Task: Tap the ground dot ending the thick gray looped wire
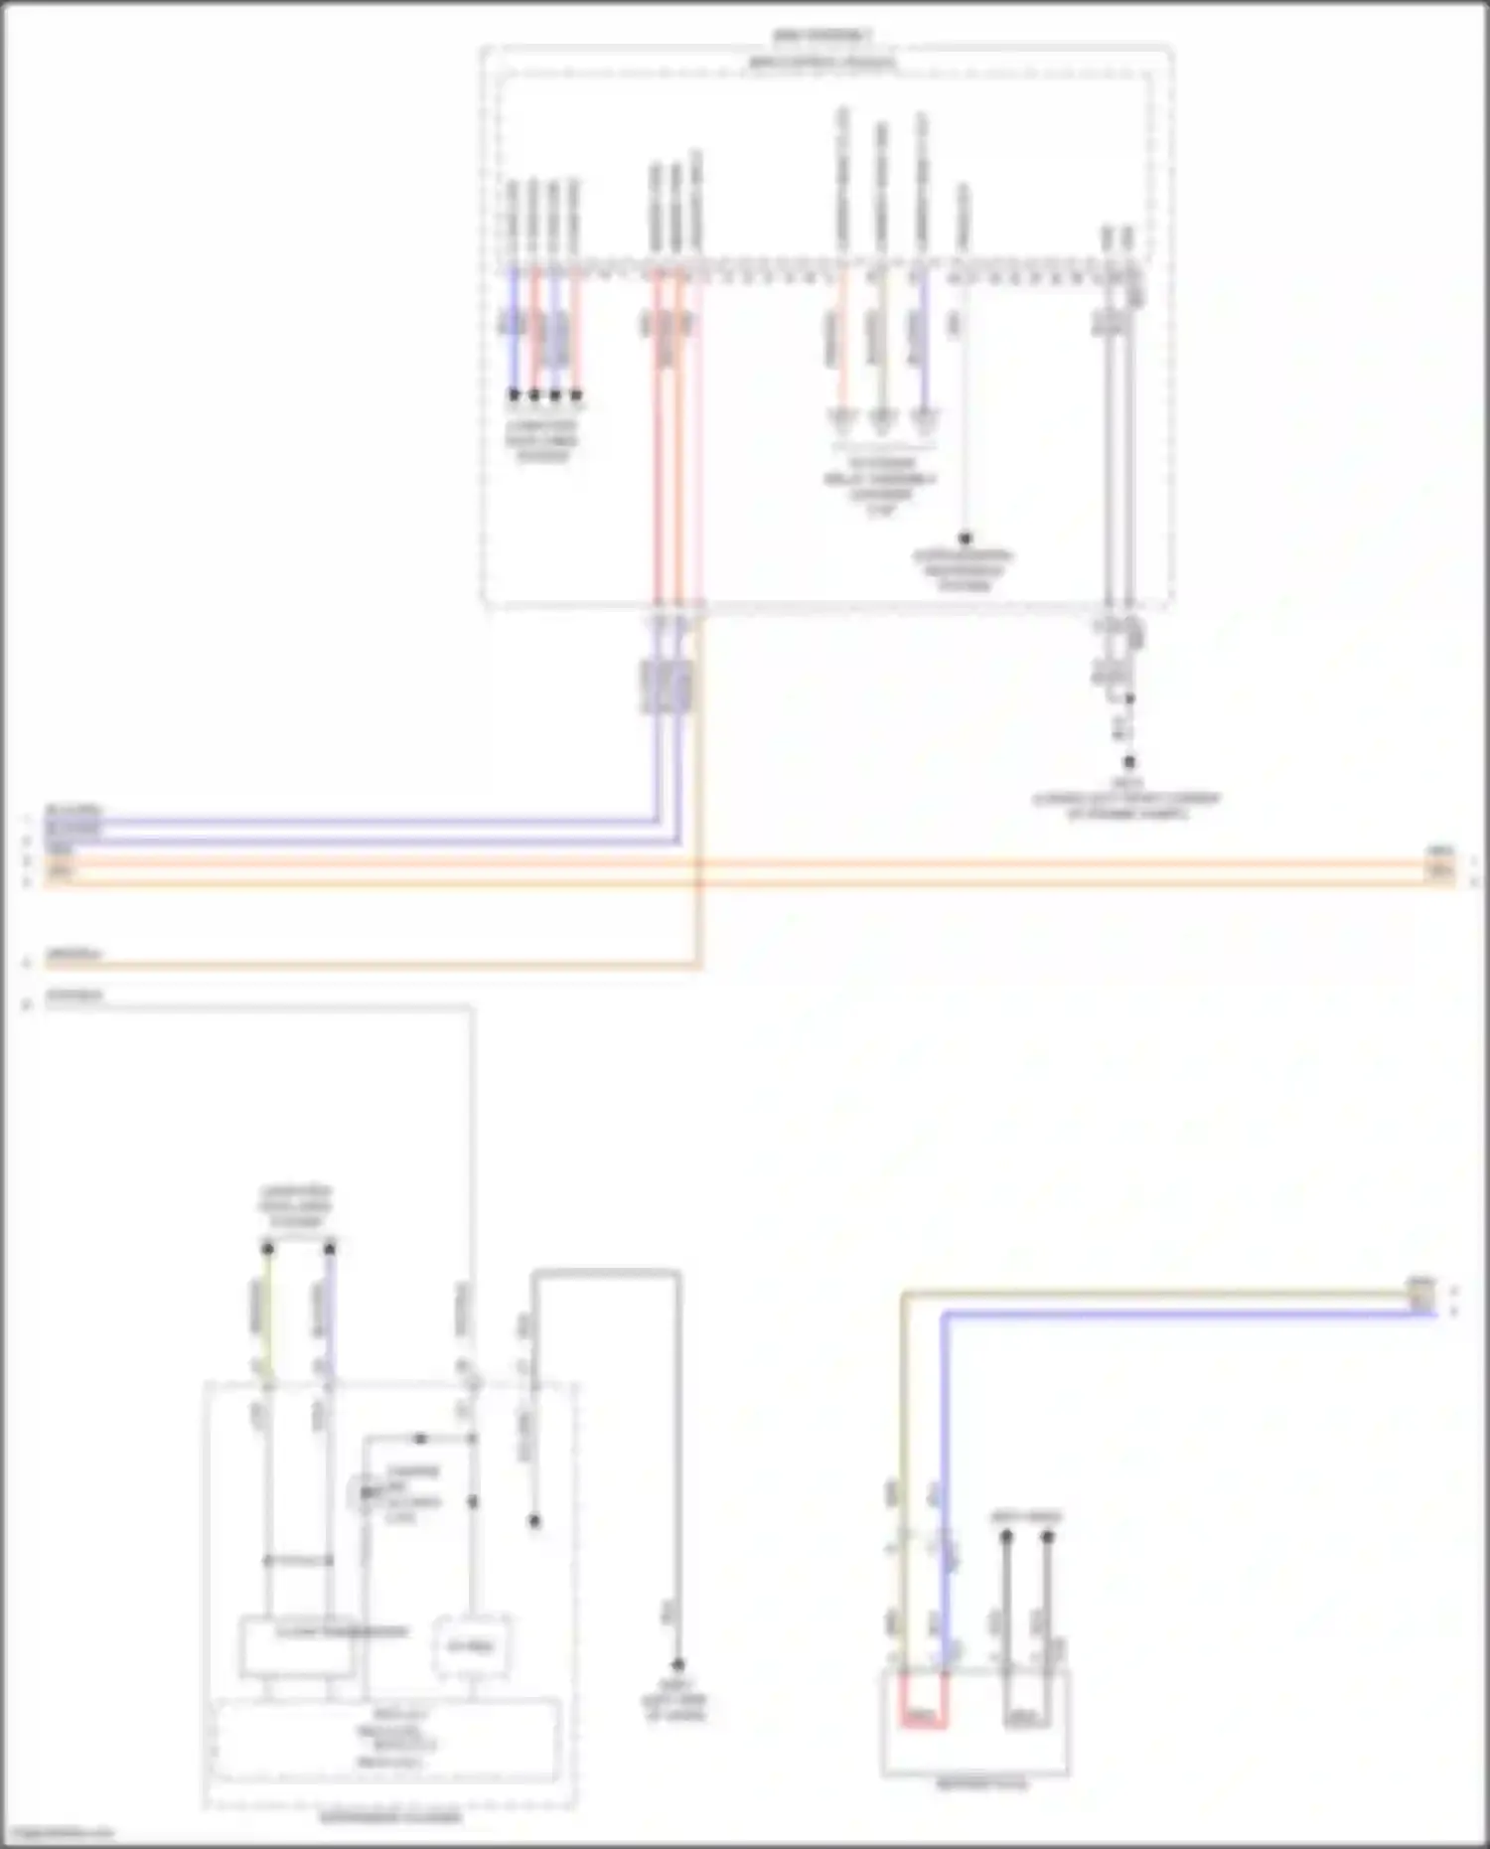(x=678, y=1664)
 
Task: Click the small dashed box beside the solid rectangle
(x=473, y=1646)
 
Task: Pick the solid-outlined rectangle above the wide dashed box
(x=297, y=1646)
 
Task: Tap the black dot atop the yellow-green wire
(x=267, y=1248)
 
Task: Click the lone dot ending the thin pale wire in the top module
(x=965, y=539)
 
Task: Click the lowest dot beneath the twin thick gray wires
(x=1129, y=763)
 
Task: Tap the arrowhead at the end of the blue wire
(x=923, y=419)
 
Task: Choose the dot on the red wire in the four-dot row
(x=534, y=395)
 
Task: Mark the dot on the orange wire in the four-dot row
(x=576, y=395)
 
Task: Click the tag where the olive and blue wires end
(x=1422, y=1296)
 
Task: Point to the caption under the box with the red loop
(x=975, y=1784)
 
